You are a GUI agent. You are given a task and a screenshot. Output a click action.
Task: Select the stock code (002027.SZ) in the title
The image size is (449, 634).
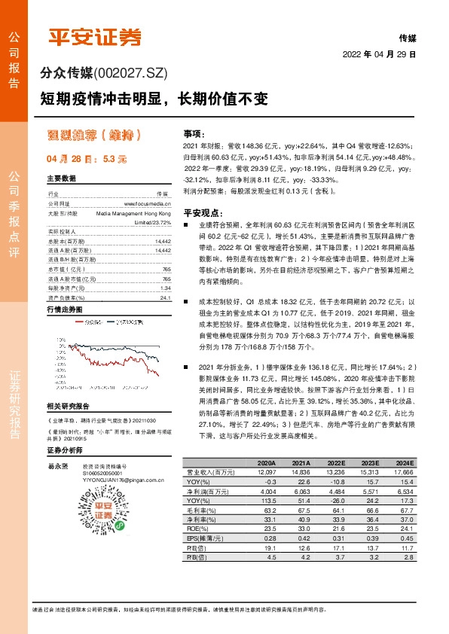tap(129, 74)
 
